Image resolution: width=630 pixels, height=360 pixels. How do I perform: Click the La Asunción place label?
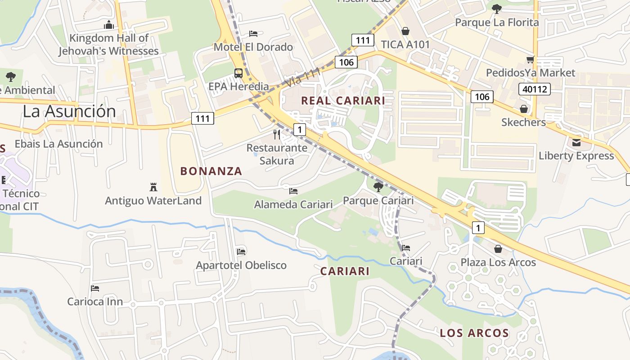click(69, 111)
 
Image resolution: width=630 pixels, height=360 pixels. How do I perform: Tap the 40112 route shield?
click(535, 89)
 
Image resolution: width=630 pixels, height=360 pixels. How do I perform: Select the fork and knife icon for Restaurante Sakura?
click(277, 134)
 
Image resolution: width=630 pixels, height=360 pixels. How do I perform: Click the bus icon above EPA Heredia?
click(238, 73)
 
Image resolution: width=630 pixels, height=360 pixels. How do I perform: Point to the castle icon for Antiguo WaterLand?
click(153, 187)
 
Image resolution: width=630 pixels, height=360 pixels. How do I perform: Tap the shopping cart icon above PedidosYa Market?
click(531, 59)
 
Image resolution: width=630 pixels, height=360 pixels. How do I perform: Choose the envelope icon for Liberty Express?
click(576, 143)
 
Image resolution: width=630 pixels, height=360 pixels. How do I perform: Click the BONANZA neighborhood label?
click(211, 171)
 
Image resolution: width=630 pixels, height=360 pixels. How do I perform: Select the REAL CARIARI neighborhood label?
click(343, 101)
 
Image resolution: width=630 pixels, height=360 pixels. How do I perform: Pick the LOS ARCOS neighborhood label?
click(474, 333)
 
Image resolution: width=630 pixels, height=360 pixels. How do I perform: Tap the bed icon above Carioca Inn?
click(94, 288)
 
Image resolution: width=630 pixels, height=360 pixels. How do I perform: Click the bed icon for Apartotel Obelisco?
click(241, 252)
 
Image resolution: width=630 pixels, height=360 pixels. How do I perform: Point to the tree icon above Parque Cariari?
click(378, 187)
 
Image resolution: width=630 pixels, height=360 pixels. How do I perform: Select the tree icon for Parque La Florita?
click(497, 9)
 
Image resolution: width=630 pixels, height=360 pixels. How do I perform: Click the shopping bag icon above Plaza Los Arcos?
click(498, 249)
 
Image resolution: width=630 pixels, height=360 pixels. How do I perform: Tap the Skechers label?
click(523, 122)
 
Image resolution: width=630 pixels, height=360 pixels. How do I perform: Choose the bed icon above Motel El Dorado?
click(253, 33)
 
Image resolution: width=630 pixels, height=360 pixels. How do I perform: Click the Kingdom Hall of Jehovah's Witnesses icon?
click(109, 25)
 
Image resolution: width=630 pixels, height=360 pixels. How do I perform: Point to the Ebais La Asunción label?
click(58, 144)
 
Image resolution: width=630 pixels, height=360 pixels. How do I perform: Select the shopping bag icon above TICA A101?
click(405, 31)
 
